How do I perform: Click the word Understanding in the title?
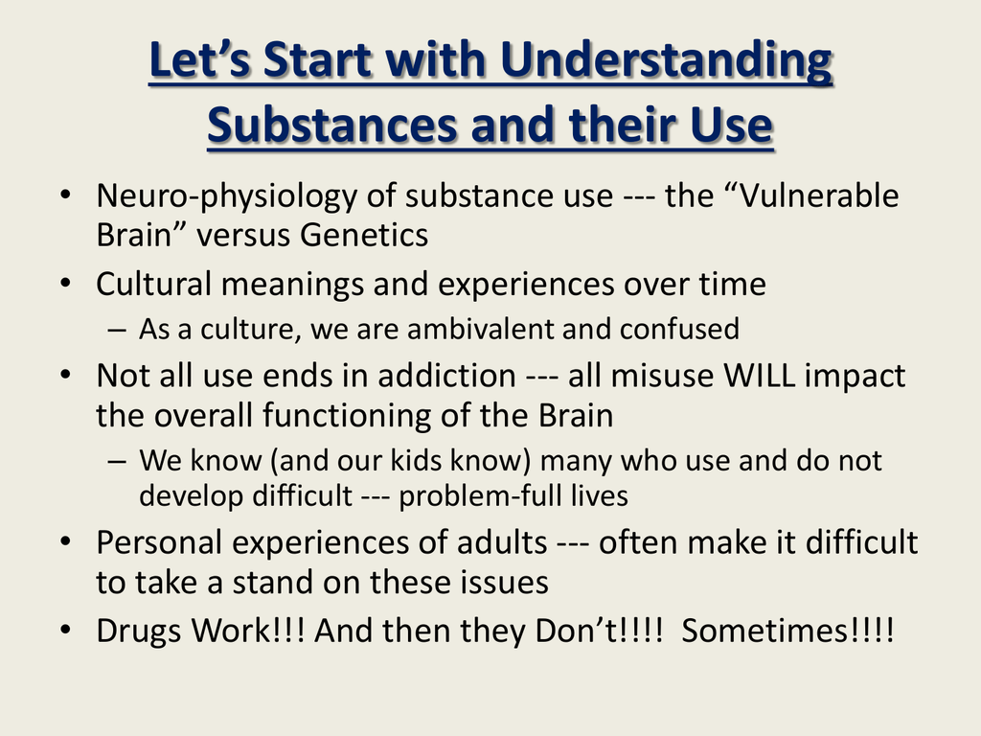666,61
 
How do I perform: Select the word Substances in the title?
331,126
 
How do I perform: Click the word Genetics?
364,236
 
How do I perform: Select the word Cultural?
153,284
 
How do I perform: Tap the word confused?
679,330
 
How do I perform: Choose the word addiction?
446,376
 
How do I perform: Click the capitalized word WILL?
759,376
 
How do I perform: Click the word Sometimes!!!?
787,631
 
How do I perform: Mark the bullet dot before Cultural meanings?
66,283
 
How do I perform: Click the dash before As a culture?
117,330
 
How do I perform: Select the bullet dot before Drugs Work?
66,630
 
